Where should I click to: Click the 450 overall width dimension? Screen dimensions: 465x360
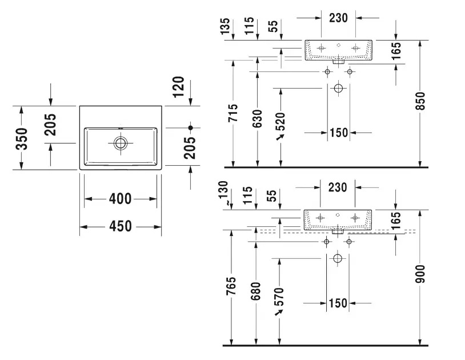(121, 226)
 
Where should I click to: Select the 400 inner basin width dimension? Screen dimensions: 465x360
(120, 199)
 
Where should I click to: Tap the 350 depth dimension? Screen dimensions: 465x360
(22, 138)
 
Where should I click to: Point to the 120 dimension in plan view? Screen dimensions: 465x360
(179, 87)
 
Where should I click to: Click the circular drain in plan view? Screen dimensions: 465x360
(121, 143)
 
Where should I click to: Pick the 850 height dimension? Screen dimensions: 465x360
(420, 101)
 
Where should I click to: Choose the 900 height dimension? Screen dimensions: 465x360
(420, 274)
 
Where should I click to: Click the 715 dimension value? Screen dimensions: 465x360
(233, 113)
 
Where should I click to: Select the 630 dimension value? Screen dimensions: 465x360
(258, 118)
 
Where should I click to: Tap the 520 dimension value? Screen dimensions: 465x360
(280, 122)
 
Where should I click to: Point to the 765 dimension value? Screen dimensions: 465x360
(231, 286)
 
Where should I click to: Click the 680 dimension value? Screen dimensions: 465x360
(255, 291)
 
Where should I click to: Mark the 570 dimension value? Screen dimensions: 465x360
(279, 297)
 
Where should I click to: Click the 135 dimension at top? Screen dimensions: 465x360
(225, 26)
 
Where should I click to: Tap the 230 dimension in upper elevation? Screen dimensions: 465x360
(338, 18)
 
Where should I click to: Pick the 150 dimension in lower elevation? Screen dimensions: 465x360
(338, 303)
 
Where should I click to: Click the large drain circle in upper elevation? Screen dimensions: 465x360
(338, 88)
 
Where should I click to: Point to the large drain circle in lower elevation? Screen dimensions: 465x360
(338, 258)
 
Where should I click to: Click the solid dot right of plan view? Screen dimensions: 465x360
(190, 128)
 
